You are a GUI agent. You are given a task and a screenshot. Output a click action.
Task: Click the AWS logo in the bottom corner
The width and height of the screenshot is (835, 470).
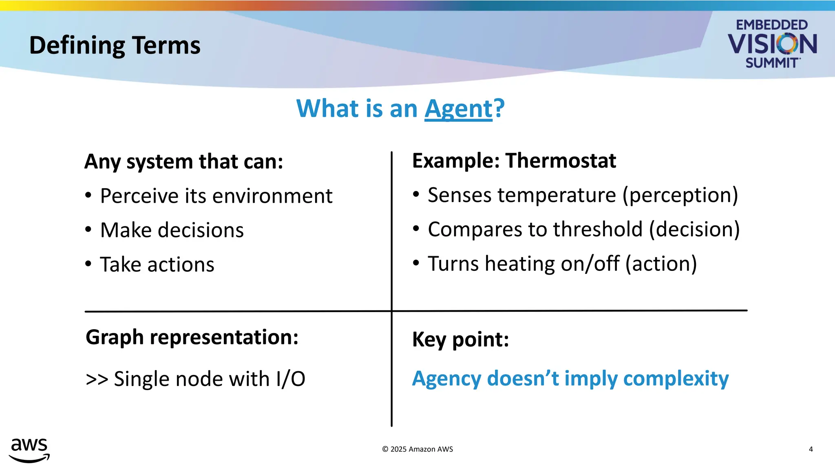tap(29, 450)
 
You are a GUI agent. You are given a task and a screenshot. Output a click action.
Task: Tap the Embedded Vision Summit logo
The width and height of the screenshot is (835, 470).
tap(772, 44)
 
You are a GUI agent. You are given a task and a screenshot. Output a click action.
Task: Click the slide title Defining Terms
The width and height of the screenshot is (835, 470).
tap(115, 45)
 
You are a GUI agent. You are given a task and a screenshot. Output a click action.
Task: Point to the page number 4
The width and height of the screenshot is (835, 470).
tap(811, 449)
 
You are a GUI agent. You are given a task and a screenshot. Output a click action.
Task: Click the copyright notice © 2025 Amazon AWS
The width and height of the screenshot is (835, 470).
tap(417, 449)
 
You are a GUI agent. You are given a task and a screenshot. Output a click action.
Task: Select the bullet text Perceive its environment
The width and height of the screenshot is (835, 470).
tap(216, 196)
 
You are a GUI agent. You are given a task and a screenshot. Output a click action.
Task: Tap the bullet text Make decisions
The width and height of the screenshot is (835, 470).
tap(172, 230)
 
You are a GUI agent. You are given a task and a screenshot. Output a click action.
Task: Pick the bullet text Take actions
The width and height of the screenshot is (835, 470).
tap(157, 264)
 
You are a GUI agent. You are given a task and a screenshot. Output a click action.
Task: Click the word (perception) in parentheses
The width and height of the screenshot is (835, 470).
tap(680, 195)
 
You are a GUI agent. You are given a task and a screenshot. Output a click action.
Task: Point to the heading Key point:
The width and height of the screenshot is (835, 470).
tap(460, 339)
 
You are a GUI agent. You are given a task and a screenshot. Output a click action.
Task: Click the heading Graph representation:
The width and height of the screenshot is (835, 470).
tap(192, 337)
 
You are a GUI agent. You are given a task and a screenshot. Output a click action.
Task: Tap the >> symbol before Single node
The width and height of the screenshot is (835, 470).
tap(97, 379)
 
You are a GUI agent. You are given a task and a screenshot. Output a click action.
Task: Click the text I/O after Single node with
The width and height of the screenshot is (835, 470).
tap(290, 379)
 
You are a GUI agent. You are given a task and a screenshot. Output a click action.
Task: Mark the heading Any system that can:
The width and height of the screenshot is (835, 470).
tap(183, 162)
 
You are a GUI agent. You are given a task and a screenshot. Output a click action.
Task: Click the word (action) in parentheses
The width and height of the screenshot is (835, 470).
tap(661, 264)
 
